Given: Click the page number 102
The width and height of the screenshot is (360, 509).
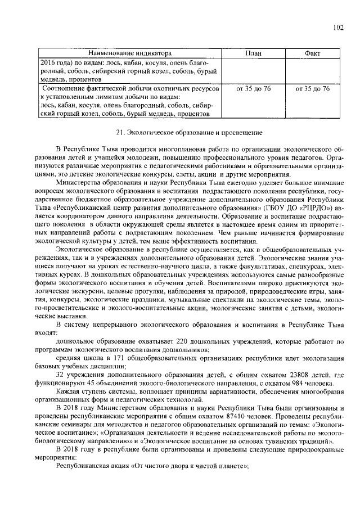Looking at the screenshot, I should coord(337,27).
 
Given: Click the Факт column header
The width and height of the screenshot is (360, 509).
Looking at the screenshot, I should coord(312,53).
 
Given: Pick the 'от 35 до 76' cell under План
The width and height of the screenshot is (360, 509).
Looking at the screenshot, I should coord(253,89).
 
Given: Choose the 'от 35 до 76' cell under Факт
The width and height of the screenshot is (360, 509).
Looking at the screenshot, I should coord(312,89).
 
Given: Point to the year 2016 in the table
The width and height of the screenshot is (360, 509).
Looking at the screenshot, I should coord(49,64).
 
